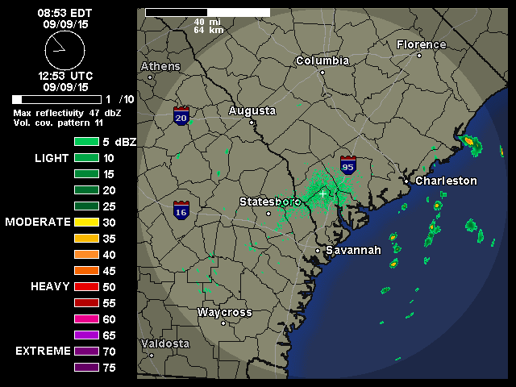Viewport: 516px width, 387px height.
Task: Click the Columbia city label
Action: (x=322, y=61)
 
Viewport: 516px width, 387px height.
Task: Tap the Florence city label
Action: (x=421, y=44)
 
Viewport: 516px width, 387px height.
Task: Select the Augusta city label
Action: (x=252, y=110)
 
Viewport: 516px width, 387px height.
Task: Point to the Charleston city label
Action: (x=446, y=181)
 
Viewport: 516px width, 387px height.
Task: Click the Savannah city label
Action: (x=353, y=250)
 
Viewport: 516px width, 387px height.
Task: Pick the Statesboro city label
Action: (x=270, y=201)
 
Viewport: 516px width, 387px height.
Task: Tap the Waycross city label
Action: (x=225, y=312)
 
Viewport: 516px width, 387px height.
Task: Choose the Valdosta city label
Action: (x=165, y=343)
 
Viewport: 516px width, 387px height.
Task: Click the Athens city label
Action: (x=160, y=66)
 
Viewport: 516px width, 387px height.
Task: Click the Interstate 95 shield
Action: (x=348, y=165)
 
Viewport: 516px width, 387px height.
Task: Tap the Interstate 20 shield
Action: (x=181, y=116)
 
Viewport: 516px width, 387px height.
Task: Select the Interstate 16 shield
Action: (x=181, y=210)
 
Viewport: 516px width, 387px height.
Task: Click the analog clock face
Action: (x=64, y=51)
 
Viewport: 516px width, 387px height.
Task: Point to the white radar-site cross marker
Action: (x=323, y=193)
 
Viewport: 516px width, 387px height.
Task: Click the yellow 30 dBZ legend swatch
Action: (x=86, y=222)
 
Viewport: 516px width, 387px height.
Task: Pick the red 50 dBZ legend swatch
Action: (x=86, y=286)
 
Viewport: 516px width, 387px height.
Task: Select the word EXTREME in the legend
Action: (x=41, y=352)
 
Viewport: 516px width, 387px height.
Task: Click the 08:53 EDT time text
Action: (x=64, y=14)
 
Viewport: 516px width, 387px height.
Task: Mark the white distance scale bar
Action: (x=207, y=13)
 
